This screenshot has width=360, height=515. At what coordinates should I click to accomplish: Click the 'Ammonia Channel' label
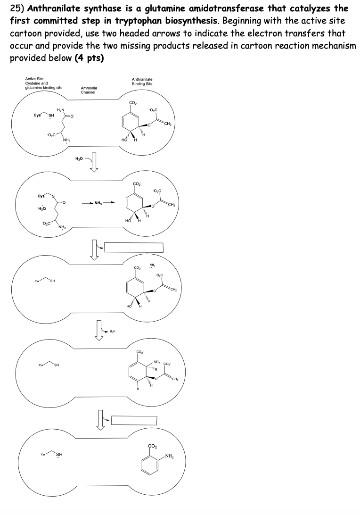pyautogui.click(x=89, y=90)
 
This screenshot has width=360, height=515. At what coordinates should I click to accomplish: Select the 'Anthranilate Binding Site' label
pyautogui.click(x=142, y=82)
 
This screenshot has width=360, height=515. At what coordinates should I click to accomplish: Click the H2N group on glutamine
pyautogui.click(x=60, y=110)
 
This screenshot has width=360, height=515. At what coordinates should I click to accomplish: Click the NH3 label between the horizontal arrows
pyautogui.click(x=98, y=203)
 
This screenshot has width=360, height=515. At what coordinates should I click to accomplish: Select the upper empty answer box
pyautogui.click(x=133, y=247)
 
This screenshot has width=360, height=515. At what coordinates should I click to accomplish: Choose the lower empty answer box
pyautogui.click(x=134, y=420)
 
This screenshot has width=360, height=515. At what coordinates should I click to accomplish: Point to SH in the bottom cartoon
pyautogui.click(x=59, y=455)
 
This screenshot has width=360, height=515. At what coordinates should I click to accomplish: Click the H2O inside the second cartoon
pyautogui.click(x=41, y=208)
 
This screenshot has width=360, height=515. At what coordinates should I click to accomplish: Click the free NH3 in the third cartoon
pyautogui.click(x=153, y=265)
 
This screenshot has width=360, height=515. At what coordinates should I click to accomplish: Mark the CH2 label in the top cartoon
pyautogui.click(x=168, y=124)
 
